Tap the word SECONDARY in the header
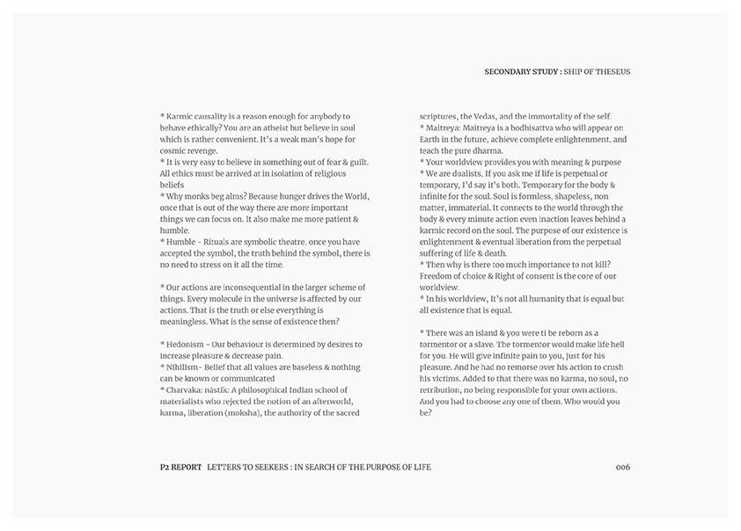[x=509, y=71]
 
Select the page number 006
[x=622, y=467]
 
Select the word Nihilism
[x=187, y=367]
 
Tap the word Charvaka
[x=187, y=389]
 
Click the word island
[x=488, y=332]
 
